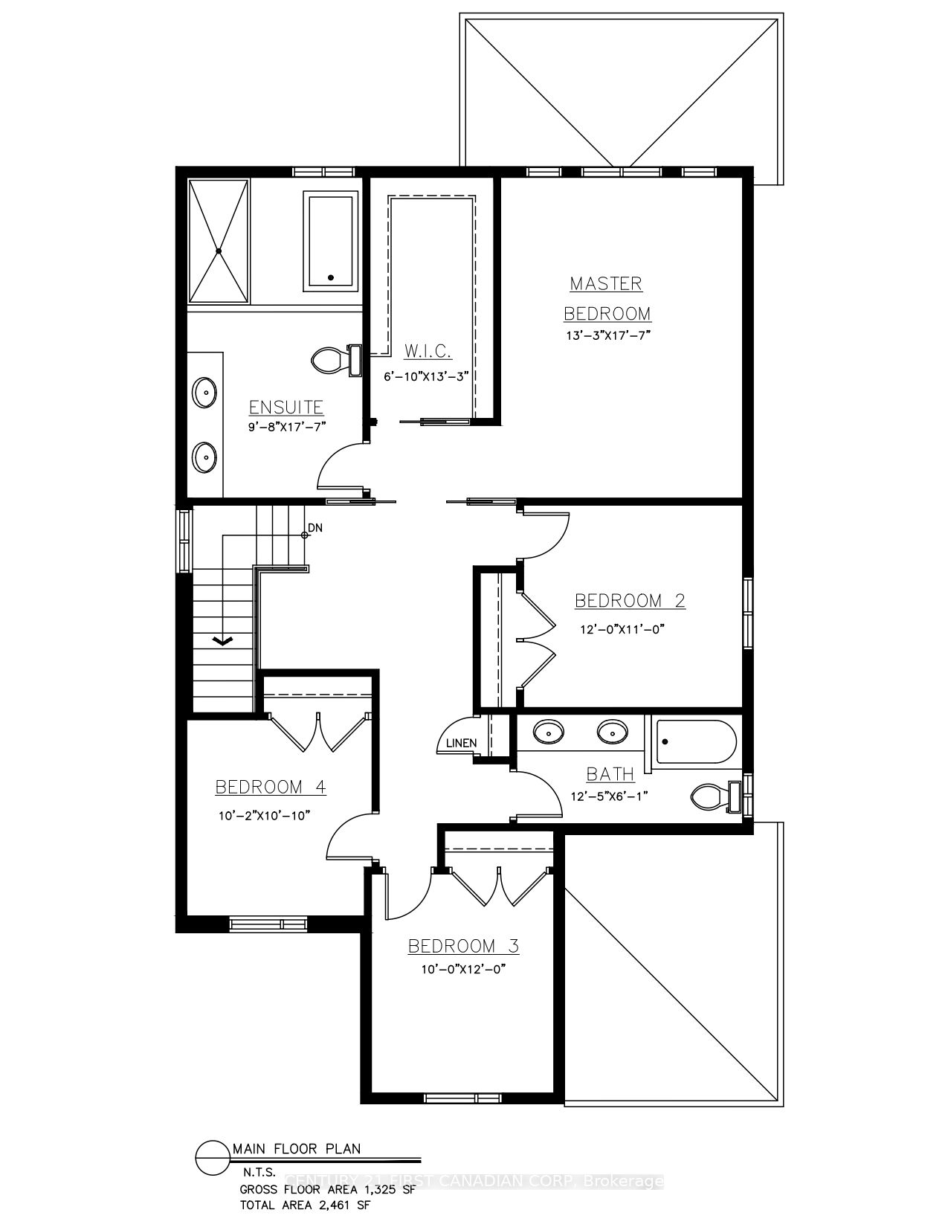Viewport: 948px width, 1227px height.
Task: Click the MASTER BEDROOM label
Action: pyautogui.click(x=606, y=297)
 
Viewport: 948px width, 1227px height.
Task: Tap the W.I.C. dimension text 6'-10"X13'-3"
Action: pyautogui.click(x=427, y=376)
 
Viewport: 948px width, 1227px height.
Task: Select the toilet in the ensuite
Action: pyautogui.click(x=327, y=361)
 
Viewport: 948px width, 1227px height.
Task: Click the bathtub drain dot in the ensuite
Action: pyautogui.click(x=331, y=278)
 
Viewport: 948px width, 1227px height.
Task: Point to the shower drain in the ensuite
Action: pyautogui.click(x=219, y=252)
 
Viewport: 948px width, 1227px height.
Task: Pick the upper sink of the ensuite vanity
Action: pyautogui.click(x=204, y=390)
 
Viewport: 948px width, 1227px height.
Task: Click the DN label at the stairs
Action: pyautogui.click(x=315, y=527)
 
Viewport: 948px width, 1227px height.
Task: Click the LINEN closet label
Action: pyautogui.click(x=460, y=743)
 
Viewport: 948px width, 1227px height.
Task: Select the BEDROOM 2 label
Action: pyautogui.click(x=630, y=600)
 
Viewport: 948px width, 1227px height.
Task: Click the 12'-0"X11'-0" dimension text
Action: pyautogui.click(x=622, y=628)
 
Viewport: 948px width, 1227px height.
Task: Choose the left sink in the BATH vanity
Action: pyautogui.click(x=548, y=732)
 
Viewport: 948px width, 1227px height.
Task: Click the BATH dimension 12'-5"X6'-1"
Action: pyautogui.click(x=610, y=796)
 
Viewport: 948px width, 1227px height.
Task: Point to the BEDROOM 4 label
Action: pyautogui.click(x=271, y=787)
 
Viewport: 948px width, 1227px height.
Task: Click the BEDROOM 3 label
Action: pyautogui.click(x=463, y=946)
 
